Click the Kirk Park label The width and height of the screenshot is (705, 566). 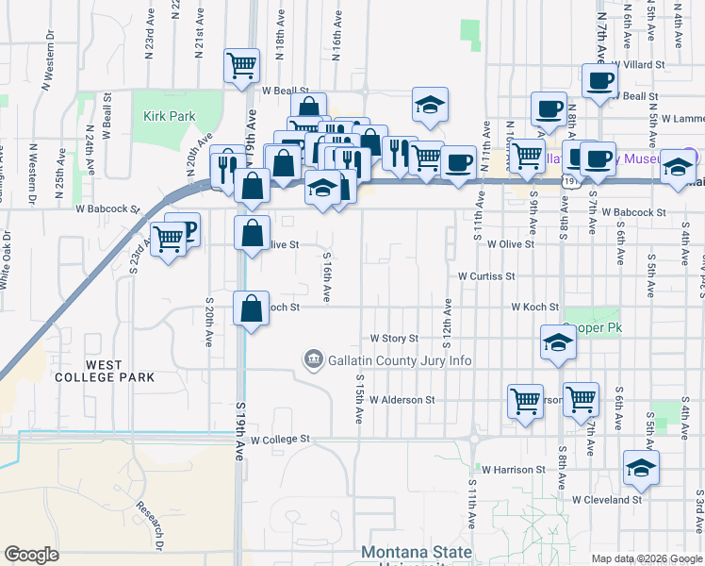(169, 116)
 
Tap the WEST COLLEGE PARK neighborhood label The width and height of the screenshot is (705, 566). (119, 370)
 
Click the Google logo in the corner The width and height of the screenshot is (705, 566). (32, 555)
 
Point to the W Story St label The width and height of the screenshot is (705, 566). (393, 338)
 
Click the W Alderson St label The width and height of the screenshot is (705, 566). (402, 399)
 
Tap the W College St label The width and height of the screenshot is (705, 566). (280, 440)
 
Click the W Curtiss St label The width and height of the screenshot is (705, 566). (486, 276)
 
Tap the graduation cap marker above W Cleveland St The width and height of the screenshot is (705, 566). (641, 467)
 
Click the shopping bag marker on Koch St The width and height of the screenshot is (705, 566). (251, 308)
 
